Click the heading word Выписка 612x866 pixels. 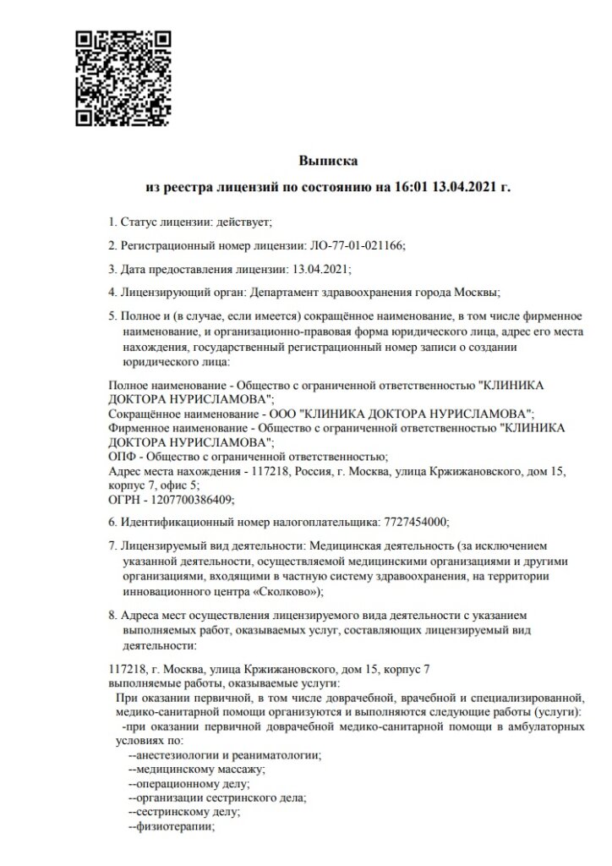[328, 159]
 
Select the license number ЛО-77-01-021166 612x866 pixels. [354, 245]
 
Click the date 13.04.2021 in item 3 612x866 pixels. [320, 269]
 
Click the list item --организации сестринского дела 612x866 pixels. [217, 797]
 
